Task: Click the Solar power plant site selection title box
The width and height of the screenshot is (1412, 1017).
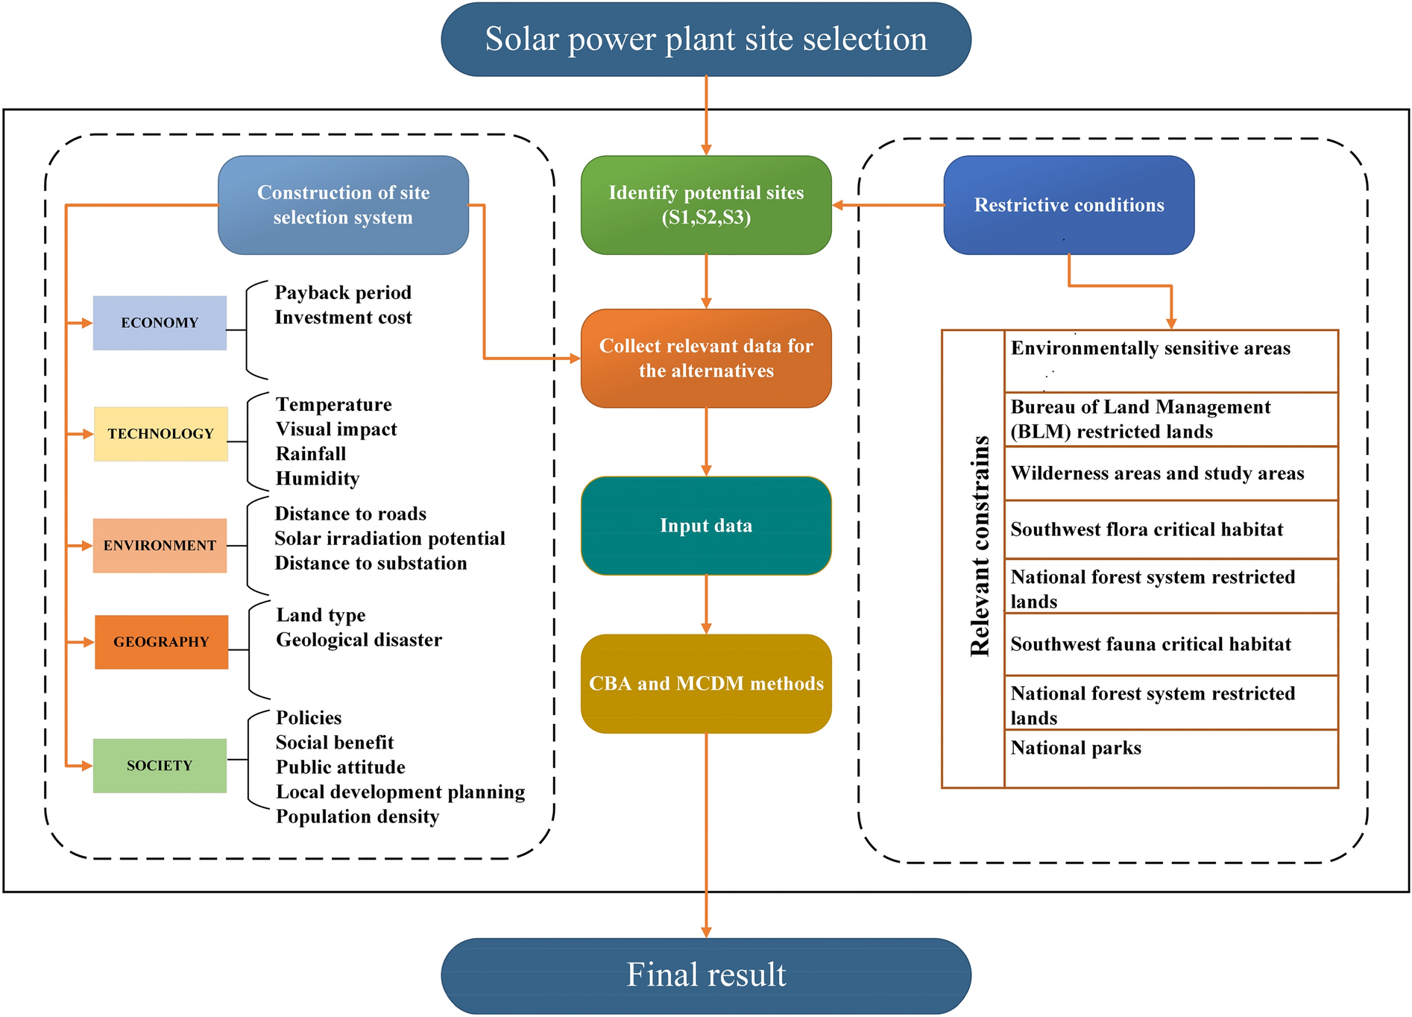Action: pyautogui.click(x=705, y=40)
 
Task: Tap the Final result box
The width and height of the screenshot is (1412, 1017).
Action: pyautogui.click(x=705, y=975)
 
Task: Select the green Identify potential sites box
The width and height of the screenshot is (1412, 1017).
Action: pyautogui.click(x=705, y=205)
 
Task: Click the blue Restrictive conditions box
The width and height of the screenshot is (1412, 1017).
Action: pyautogui.click(x=1068, y=205)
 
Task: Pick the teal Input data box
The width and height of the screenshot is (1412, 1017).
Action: pyautogui.click(x=705, y=526)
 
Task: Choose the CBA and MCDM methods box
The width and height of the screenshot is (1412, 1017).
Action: pyautogui.click(x=705, y=683)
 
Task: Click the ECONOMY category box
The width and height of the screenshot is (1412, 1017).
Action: pyautogui.click(x=160, y=323)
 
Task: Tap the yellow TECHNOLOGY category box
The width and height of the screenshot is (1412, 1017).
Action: pyautogui.click(x=160, y=434)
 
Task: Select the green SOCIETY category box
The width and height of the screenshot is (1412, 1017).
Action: pyautogui.click(x=160, y=766)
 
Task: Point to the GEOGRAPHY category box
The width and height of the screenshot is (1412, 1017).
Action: pyautogui.click(x=161, y=642)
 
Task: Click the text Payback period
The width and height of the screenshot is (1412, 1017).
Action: pyautogui.click(x=343, y=292)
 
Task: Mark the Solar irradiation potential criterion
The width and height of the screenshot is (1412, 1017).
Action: pyautogui.click(x=389, y=538)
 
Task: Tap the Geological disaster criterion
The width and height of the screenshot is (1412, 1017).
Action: pyautogui.click(x=359, y=640)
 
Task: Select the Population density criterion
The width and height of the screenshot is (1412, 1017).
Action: pyautogui.click(x=357, y=816)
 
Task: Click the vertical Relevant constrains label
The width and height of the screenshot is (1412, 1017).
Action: pyautogui.click(x=980, y=546)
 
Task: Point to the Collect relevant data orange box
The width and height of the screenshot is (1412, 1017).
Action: pyautogui.click(x=705, y=359)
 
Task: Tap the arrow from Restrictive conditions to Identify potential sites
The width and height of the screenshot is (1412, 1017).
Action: pyautogui.click(x=887, y=205)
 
